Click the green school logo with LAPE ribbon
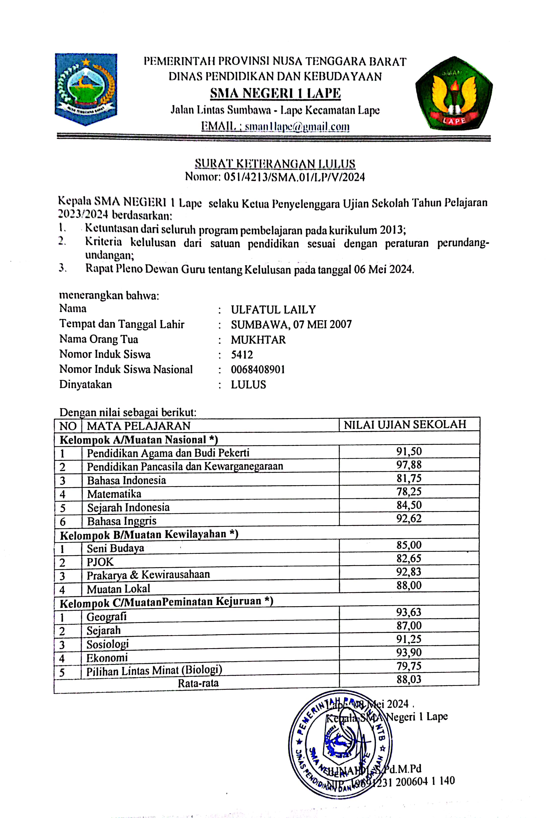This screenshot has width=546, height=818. tap(453, 93)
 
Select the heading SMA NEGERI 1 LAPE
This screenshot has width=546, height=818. tap(275, 93)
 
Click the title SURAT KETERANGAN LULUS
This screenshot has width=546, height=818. tap(275, 163)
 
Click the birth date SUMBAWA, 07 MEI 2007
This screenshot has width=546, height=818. tap(291, 324)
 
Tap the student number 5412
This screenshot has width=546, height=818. tap(242, 355)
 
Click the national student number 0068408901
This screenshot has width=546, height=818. tap(258, 369)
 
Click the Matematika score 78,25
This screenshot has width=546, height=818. tap(409, 492)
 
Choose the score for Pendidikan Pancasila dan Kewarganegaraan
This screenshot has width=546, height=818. tap(409, 465)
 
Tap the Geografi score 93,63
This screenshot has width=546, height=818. tap(409, 612)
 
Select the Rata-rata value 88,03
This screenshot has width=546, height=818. tap(409, 679)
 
